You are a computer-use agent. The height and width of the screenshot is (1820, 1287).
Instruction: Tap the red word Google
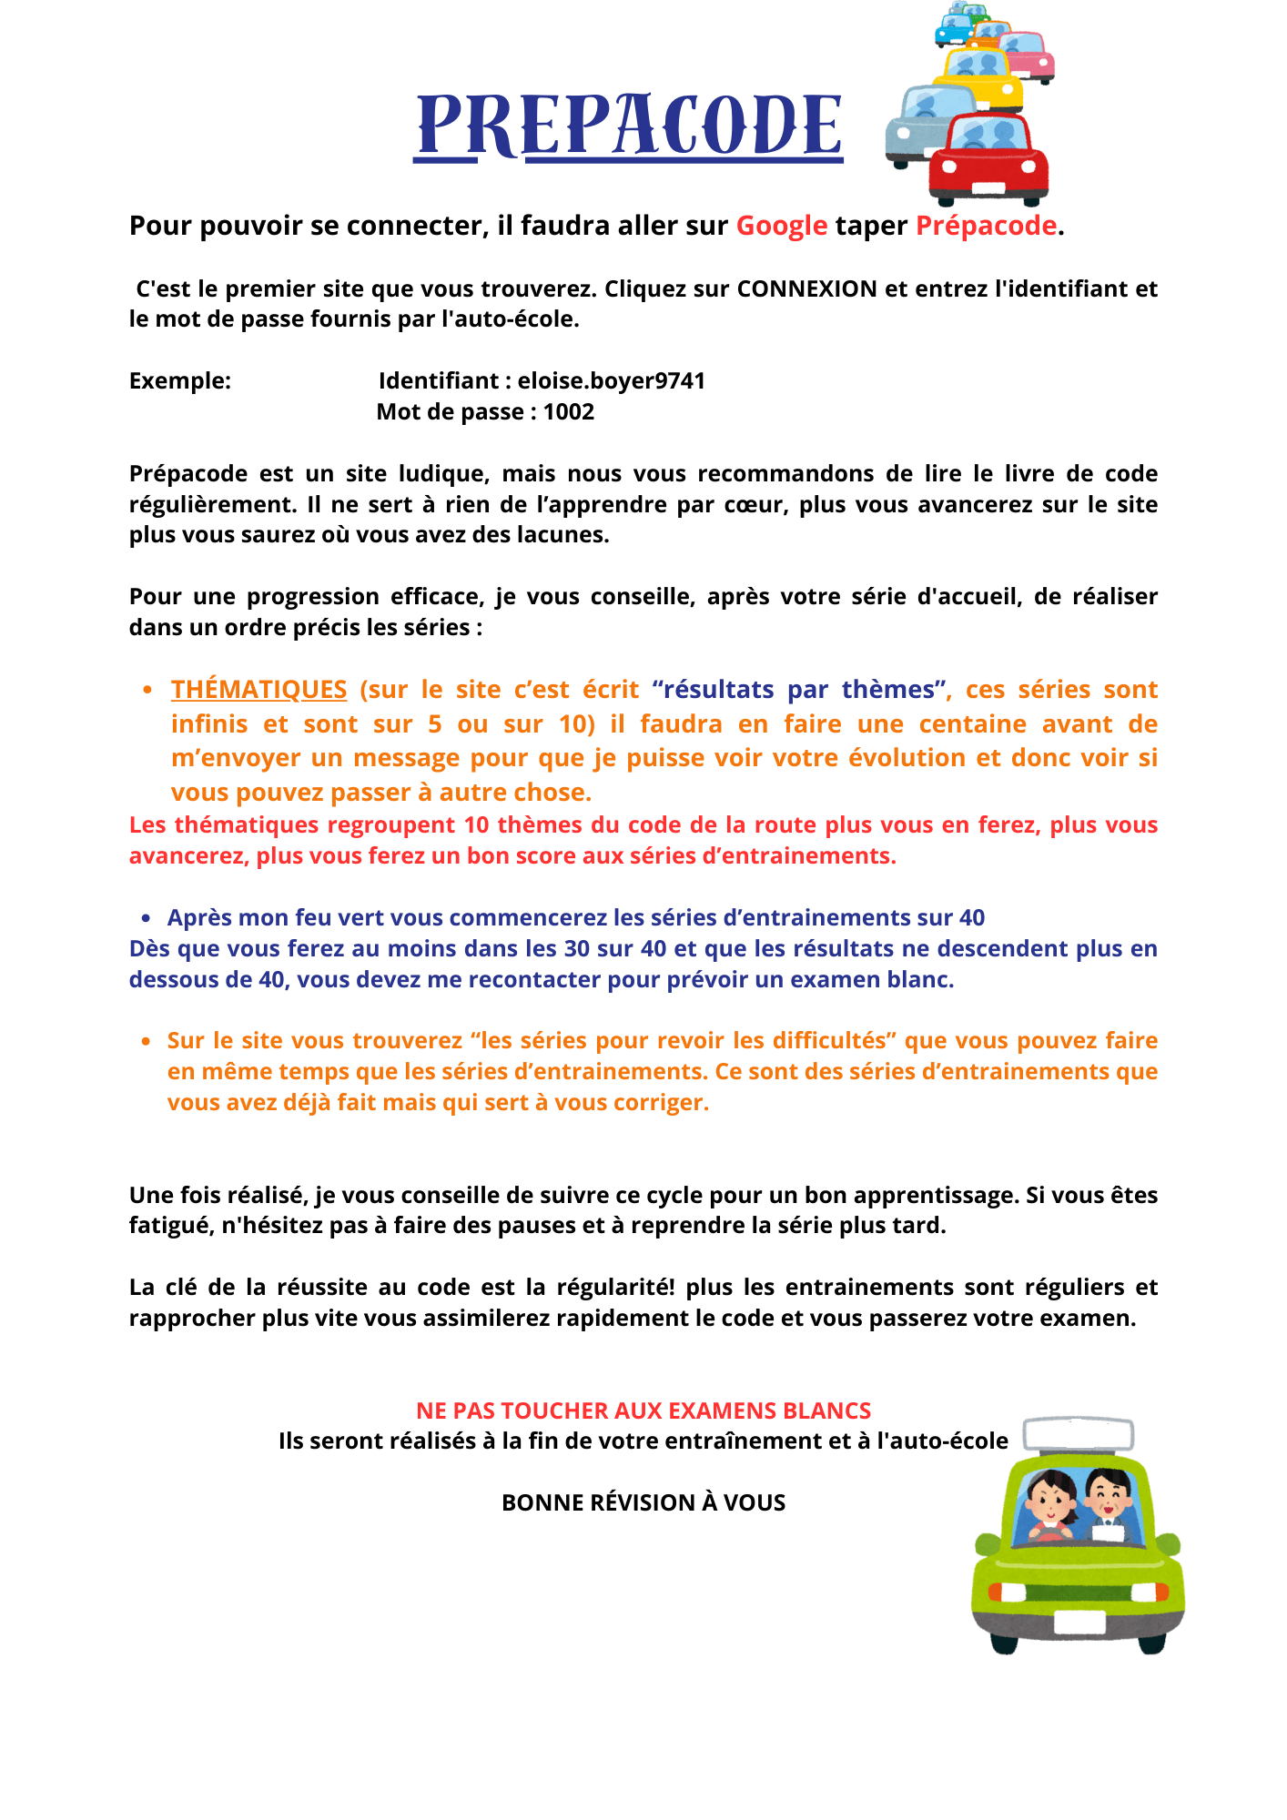[781, 226]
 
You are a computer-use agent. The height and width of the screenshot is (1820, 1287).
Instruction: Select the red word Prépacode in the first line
[986, 226]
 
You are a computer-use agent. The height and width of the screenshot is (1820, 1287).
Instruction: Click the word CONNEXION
[806, 289]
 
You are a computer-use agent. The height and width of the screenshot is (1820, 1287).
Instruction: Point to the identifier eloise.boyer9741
[612, 381]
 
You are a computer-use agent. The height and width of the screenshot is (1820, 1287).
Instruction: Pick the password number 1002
[568, 412]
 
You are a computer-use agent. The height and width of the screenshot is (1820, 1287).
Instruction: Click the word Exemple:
[180, 381]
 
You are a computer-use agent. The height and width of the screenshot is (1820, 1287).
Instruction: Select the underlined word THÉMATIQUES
[258, 690]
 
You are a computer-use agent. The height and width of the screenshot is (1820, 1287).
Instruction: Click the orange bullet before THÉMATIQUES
[147, 691]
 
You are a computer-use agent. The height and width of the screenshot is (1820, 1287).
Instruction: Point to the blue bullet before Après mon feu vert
[146, 918]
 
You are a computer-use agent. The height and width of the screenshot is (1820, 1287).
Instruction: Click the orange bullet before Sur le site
[146, 1041]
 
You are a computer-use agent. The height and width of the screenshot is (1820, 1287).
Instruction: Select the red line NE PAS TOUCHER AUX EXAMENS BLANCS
[643, 1410]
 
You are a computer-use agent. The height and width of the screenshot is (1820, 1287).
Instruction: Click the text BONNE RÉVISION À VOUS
[643, 1502]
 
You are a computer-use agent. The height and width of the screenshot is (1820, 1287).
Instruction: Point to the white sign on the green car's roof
[1079, 1435]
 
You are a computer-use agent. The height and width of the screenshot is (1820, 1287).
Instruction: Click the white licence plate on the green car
[1079, 1623]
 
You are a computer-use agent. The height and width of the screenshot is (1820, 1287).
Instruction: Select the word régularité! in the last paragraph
[615, 1288]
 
